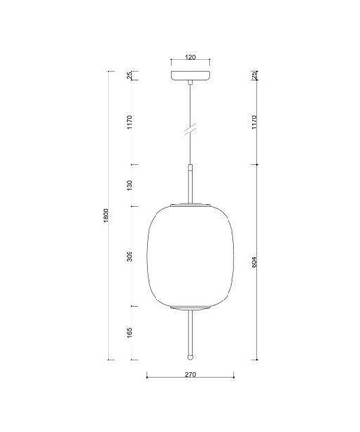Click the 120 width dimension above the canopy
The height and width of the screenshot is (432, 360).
190,58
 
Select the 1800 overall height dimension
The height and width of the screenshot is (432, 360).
107,219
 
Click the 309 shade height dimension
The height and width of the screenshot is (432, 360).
130,257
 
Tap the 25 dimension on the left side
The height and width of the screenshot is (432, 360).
130,75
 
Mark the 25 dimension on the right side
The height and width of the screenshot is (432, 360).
253,75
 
